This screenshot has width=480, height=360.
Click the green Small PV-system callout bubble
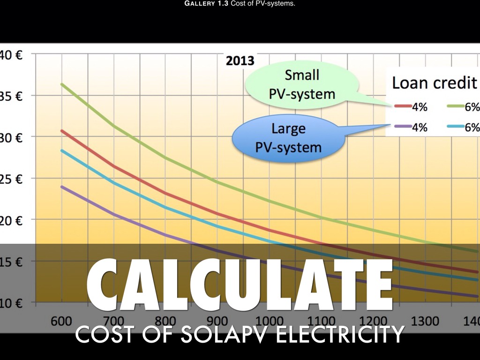click(302, 84)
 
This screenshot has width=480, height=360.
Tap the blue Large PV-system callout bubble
click(288, 138)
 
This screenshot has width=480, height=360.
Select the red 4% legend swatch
click(403, 107)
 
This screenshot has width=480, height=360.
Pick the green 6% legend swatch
click(454, 107)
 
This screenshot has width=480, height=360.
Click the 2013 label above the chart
click(240, 61)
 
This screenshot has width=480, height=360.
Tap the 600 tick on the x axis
click(61, 322)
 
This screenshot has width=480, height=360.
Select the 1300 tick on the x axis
click(425, 322)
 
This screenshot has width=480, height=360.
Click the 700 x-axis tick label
click(113, 322)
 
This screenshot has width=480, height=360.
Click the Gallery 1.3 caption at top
click(240, 4)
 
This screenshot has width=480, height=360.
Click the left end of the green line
click(61, 84)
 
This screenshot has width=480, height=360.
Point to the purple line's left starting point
click(61, 187)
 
